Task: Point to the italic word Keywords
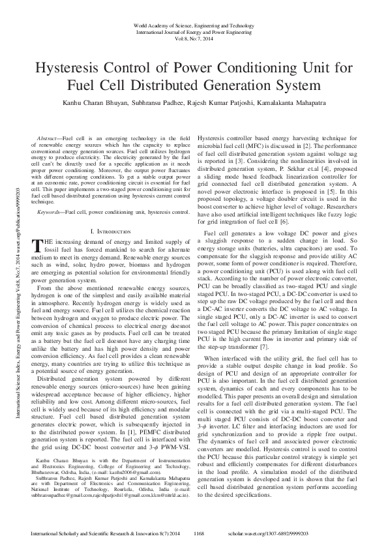pos(51,194)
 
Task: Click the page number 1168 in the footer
pos(200,533)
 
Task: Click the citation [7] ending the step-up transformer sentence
pos(267,346)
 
